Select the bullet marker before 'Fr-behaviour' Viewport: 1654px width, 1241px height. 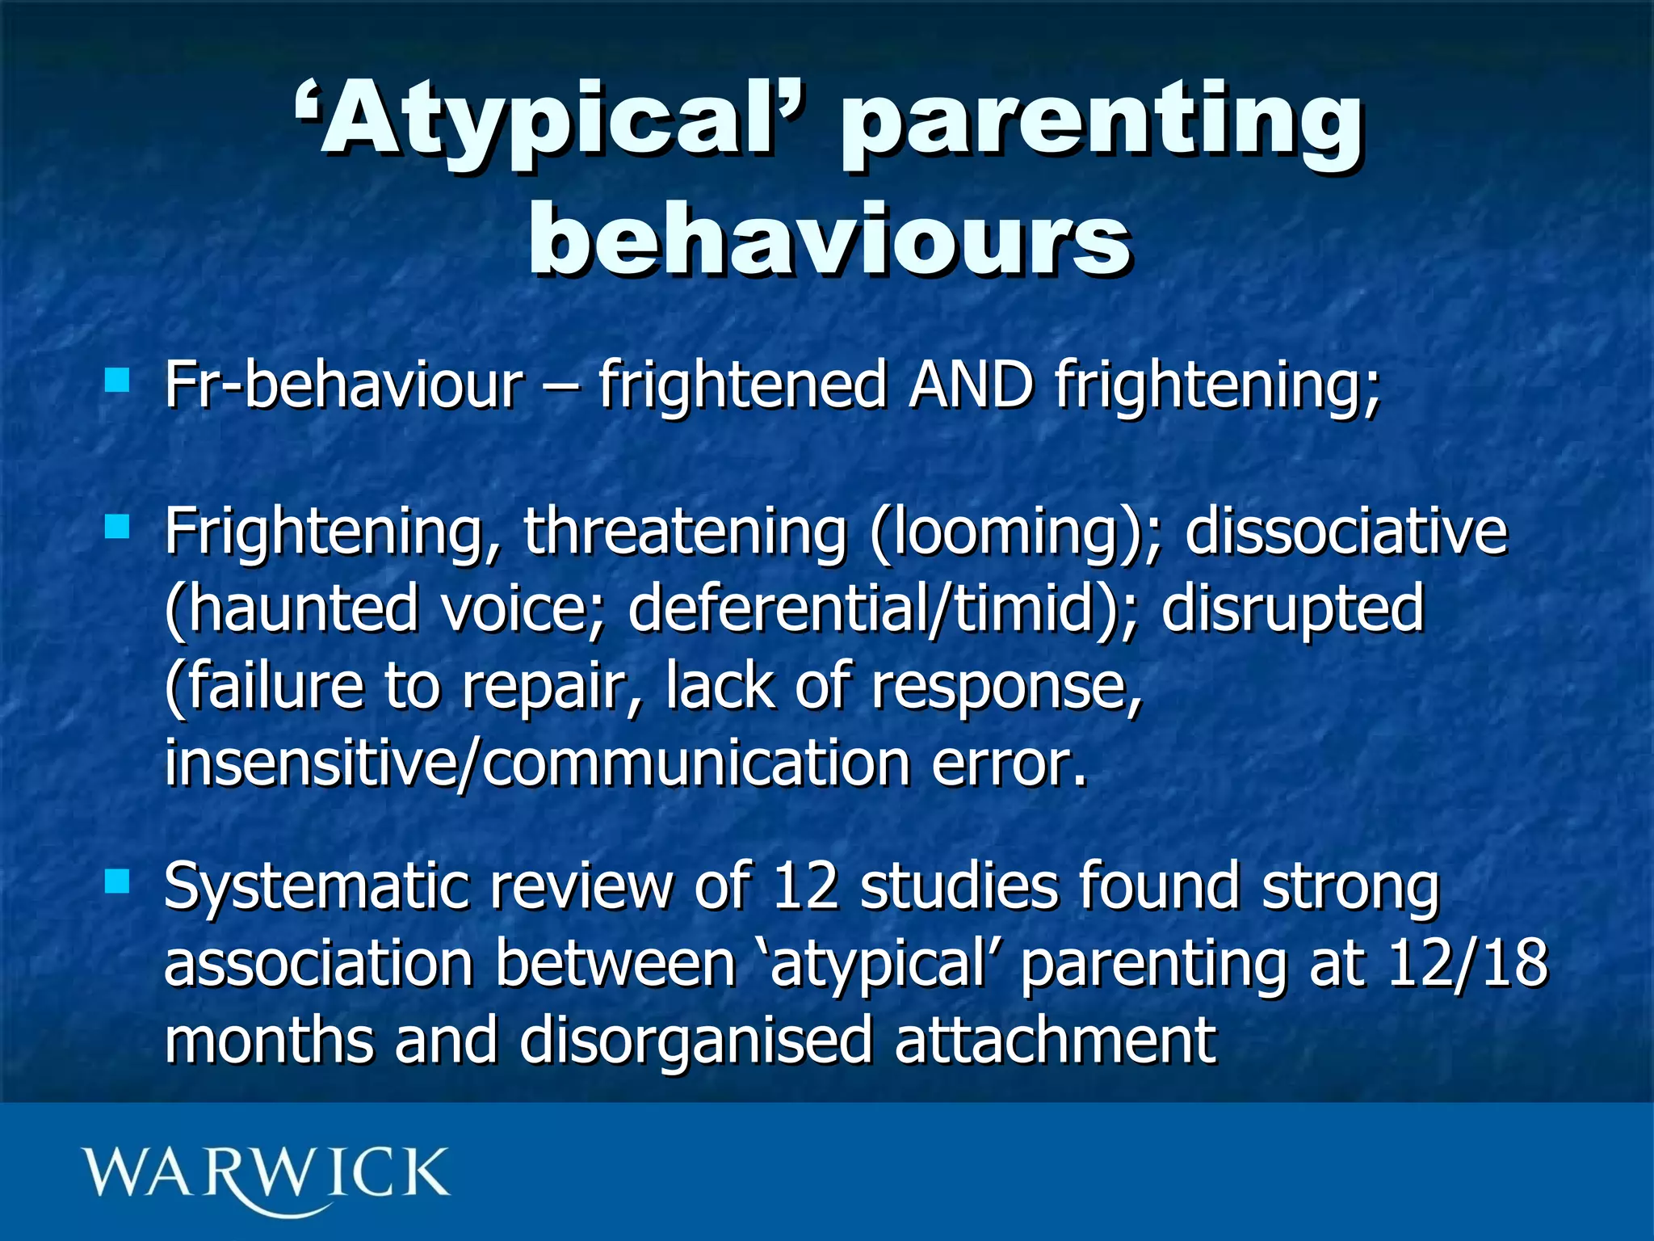pos(117,380)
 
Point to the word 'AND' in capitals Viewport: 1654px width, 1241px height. pos(971,385)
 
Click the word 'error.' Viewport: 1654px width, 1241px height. pos(1010,764)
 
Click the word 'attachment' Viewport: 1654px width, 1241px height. pos(1055,1041)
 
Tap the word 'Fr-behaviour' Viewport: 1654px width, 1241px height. pos(344,385)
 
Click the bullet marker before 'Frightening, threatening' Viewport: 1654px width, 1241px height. pos(117,528)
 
